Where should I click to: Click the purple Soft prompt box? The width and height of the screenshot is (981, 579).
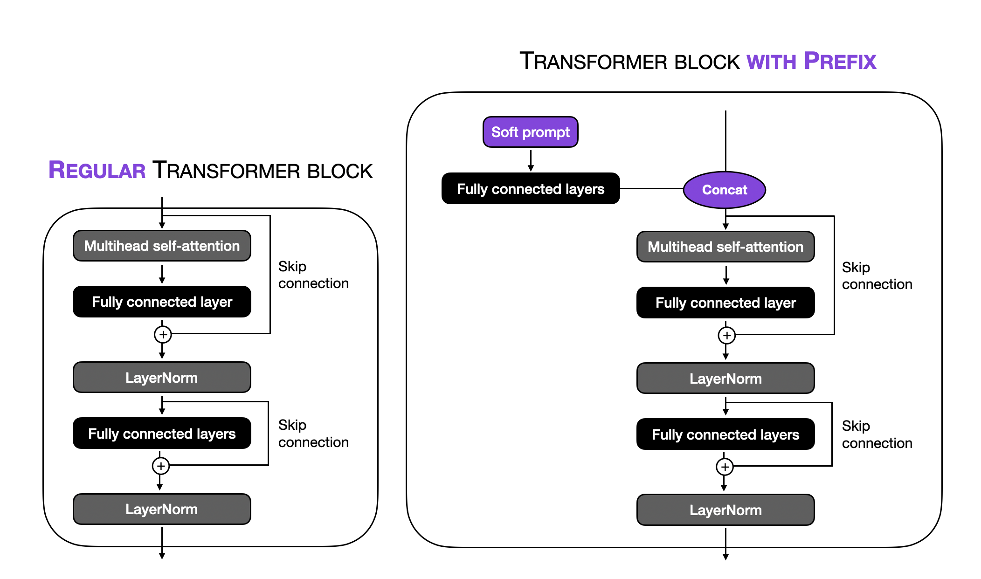[530, 132]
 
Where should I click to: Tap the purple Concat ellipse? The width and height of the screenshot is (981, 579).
[724, 190]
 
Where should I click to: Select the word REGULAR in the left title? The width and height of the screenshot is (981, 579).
[97, 170]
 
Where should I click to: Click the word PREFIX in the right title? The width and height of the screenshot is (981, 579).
[840, 62]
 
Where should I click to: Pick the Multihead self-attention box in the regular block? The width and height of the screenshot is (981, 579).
[162, 246]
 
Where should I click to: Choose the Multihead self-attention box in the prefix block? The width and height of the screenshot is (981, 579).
[725, 247]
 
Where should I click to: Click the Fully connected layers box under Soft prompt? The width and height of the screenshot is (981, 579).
[530, 189]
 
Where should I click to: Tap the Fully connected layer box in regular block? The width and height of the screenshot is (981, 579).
[162, 302]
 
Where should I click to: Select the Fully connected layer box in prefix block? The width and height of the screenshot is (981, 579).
[725, 303]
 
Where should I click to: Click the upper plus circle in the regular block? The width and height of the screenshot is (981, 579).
[163, 334]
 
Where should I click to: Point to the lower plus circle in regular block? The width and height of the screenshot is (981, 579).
[161, 466]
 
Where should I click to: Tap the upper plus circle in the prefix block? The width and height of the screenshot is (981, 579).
[726, 335]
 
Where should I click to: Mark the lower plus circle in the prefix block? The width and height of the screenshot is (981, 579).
[725, 467]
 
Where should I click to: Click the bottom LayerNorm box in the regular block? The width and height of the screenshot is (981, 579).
[162, 509]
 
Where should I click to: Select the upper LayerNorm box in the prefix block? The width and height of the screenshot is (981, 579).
[725, 379]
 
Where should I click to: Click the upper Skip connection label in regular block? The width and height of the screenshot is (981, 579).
[313, 275]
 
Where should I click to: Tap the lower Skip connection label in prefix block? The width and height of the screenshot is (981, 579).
[877, 434]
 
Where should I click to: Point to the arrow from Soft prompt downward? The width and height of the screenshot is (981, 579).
[531, 160]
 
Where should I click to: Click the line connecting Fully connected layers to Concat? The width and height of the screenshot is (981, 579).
[651, 189]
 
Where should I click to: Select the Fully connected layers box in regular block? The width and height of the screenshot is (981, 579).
[162, 434]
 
